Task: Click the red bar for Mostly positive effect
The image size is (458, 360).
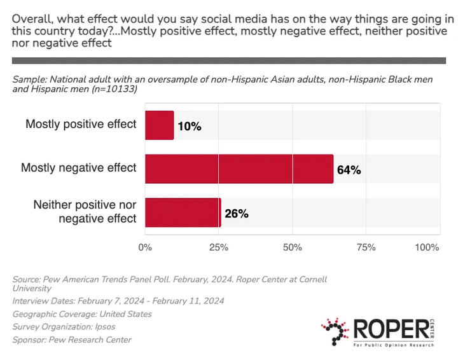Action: pos(160,125)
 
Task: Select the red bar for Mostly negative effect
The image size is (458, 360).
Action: pos(239,169)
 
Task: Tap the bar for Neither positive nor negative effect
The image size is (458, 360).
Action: pos(183,213)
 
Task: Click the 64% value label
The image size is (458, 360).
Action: pos(349,170)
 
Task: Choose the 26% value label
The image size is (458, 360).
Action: pos(236,214)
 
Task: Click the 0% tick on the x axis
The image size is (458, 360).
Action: pos(146,247)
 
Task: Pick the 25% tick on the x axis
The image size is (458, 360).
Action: pos(219,247)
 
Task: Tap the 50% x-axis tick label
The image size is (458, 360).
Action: pos(292,247)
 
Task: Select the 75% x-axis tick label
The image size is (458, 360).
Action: pos(365,247)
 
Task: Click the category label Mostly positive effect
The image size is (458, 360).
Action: pos(81,124)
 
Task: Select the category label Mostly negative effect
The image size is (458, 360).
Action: pos(79,168)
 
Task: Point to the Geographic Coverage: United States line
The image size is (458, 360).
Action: pos(82,314)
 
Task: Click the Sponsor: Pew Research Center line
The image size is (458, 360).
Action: pos(72,340)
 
